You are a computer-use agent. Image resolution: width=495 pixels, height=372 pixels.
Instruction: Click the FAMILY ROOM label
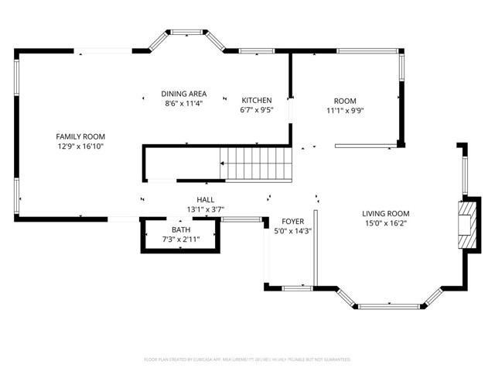coord(80,136)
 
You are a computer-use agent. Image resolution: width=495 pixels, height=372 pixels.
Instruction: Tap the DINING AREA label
coord(183,93)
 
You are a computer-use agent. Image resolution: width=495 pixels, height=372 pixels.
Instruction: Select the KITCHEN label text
coord(257,100)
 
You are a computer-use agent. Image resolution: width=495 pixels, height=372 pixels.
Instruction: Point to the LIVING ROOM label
coord(386,213)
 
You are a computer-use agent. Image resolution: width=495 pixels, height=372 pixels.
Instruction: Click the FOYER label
coord(292,222)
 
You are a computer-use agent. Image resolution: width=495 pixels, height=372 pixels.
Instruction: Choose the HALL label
coord(205,199)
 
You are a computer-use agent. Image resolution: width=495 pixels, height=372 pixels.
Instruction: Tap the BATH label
coord(181,230)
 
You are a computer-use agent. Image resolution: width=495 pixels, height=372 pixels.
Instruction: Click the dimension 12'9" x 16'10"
coord(80,146)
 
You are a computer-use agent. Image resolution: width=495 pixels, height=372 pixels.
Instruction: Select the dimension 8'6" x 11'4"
coord(183,103)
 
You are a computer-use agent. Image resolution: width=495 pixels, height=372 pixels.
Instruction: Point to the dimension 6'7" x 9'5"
coord(257,110)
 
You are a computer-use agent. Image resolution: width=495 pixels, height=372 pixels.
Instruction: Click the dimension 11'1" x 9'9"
coord(345,110)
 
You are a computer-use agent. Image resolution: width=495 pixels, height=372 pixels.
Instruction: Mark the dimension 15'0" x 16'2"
coord(386,223)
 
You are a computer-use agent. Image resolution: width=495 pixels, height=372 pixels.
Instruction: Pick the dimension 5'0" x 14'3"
coord(292,231)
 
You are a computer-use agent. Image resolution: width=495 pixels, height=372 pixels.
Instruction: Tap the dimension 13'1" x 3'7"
coord(205,209)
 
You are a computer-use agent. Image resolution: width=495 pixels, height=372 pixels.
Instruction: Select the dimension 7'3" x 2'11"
coord(181,239)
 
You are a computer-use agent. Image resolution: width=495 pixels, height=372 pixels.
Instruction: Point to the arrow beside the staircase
coord(224,164)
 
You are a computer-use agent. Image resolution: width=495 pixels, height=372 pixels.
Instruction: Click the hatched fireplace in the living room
coord(466,225)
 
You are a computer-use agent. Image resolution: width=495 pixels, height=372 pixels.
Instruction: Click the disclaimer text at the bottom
coord(247,360)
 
